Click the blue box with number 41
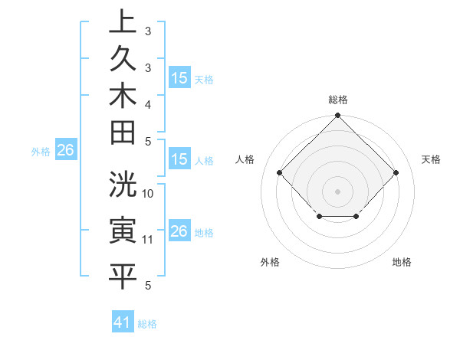pyautogui.click(x=123, y=322)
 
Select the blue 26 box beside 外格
pyautogui.click(x=65, y=151)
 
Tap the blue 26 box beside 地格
pyautogui.click(x=179, y=231)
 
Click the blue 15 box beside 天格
pyautogui.click(x=179, y=78)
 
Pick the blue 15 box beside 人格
pyautogui.click(x=179, y=160)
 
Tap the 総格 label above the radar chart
pyautogui.click(x=337, y=100)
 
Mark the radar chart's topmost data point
pyautogui.click(x=337, y=117)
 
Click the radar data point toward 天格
pyautogui.click(x=396, y=173)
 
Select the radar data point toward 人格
pyautogui.click(x=280, y=173)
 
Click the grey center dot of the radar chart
pyautogui.click(x=337, y=191)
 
